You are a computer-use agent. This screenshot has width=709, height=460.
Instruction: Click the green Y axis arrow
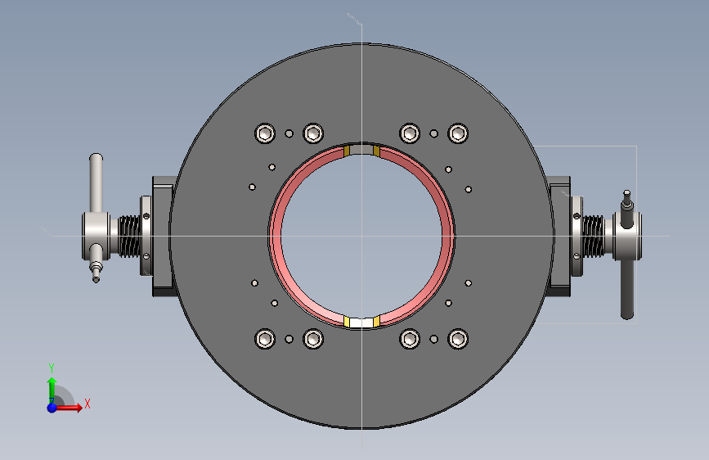pyautogui.click(x=52, y=390)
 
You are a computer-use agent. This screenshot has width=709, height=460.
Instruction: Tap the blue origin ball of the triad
pyautogui.click(x=52, y=408)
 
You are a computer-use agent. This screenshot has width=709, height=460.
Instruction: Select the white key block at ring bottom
pyautogui.click(x=361, y=322)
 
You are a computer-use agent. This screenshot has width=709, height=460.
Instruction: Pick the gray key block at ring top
pyautogui.click(x=361, y=150)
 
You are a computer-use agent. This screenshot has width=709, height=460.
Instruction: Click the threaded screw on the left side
pyautogui.click(x=129, y=237)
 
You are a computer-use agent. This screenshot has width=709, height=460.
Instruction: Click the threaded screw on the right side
pyautogui.click(x=593, y=237)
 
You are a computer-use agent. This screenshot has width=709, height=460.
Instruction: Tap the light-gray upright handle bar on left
pyautogui.click(x=96, y=183)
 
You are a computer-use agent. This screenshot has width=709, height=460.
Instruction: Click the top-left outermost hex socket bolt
pyautogui.click(x=265, y=133)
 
